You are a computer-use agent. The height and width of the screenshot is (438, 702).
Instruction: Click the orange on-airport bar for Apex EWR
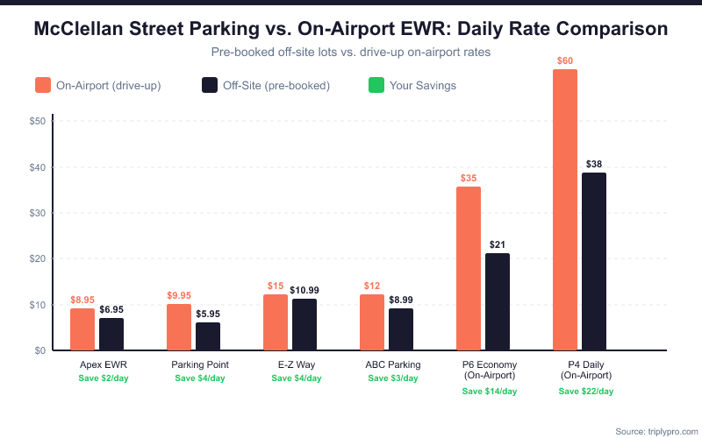82,329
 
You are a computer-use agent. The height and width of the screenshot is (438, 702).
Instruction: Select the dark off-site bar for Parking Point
208,336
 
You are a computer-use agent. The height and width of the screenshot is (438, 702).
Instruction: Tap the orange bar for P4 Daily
565,210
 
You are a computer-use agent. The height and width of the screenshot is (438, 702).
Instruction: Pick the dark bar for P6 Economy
498,302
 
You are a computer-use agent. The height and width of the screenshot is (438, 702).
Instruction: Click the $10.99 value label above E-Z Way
304,290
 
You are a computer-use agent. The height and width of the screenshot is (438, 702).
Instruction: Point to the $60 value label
565,60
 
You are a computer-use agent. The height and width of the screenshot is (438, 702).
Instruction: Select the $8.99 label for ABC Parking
401,300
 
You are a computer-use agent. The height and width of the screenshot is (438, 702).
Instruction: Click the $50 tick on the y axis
37,121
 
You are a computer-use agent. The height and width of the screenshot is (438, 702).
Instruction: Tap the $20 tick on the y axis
37,259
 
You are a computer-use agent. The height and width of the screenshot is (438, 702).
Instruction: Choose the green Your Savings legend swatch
377,85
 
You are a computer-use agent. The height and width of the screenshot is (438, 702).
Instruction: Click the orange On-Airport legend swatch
43,85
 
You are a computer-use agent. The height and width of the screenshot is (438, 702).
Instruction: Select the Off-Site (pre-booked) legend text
276,86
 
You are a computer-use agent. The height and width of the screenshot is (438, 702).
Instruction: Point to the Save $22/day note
585,391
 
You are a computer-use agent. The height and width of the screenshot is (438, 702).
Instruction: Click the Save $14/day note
489,391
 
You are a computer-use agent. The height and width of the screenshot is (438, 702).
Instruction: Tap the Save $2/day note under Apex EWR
103,378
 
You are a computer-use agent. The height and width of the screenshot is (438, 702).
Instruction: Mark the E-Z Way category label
296,364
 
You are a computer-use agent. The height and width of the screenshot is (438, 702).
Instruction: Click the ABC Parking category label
392,364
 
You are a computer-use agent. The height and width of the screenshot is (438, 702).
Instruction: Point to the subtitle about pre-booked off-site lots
350,53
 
